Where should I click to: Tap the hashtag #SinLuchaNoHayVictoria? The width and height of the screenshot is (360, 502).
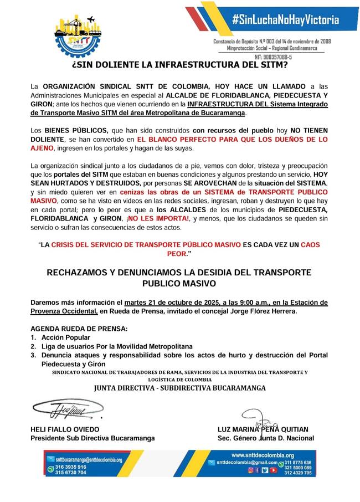pos(285,21)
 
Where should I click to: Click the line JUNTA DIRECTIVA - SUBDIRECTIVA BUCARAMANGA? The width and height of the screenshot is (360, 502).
pos(179,387)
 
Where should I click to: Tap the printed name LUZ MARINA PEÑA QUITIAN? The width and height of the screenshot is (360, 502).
pos(263,429)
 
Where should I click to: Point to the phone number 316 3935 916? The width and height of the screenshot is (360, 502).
pos(71,467)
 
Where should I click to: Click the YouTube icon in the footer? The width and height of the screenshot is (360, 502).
pos(264,470)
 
